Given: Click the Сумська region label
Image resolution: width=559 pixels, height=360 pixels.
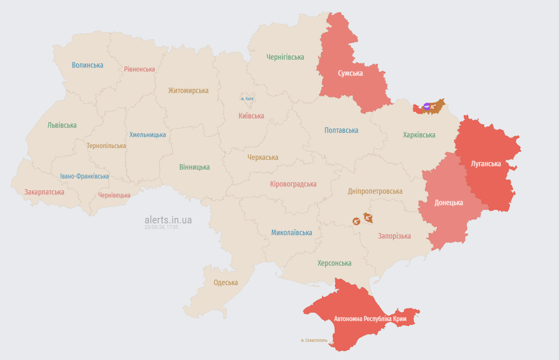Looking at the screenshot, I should pos(350,73).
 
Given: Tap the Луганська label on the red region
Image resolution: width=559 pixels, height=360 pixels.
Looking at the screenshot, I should pos(486,164).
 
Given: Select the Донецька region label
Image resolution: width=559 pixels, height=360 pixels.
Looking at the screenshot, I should pos(448,202).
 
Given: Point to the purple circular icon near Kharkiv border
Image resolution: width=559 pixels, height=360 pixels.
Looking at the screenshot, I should pos(427,106).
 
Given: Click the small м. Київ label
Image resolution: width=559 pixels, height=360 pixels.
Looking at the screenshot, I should pos(247,99).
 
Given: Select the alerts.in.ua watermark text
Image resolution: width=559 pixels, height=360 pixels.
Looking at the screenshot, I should pos(168,220).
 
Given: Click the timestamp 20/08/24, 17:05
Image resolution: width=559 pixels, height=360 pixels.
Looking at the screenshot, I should pos(161,227).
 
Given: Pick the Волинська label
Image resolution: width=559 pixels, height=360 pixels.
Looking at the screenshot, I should pos(88,65).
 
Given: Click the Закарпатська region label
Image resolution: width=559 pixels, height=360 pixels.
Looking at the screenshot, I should pos(44,192).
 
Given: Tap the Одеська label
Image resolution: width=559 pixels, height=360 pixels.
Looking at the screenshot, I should pos(226,283).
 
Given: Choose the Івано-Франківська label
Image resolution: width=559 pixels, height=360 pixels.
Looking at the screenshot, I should pos(84,176).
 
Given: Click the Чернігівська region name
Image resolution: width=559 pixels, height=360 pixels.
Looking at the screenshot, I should pos(285,57).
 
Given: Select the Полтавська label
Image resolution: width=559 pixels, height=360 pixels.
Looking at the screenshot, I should pos(341,130).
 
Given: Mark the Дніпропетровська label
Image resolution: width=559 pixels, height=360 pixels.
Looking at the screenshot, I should pos(375,191).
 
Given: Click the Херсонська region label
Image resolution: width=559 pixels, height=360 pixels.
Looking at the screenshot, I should pos(334,263).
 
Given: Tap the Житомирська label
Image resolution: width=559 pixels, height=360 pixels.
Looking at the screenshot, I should pos(189,90).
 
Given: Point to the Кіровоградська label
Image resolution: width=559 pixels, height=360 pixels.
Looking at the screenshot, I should pos(293,184).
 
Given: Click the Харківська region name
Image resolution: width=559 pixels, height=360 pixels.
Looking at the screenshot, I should pos(419,135).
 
